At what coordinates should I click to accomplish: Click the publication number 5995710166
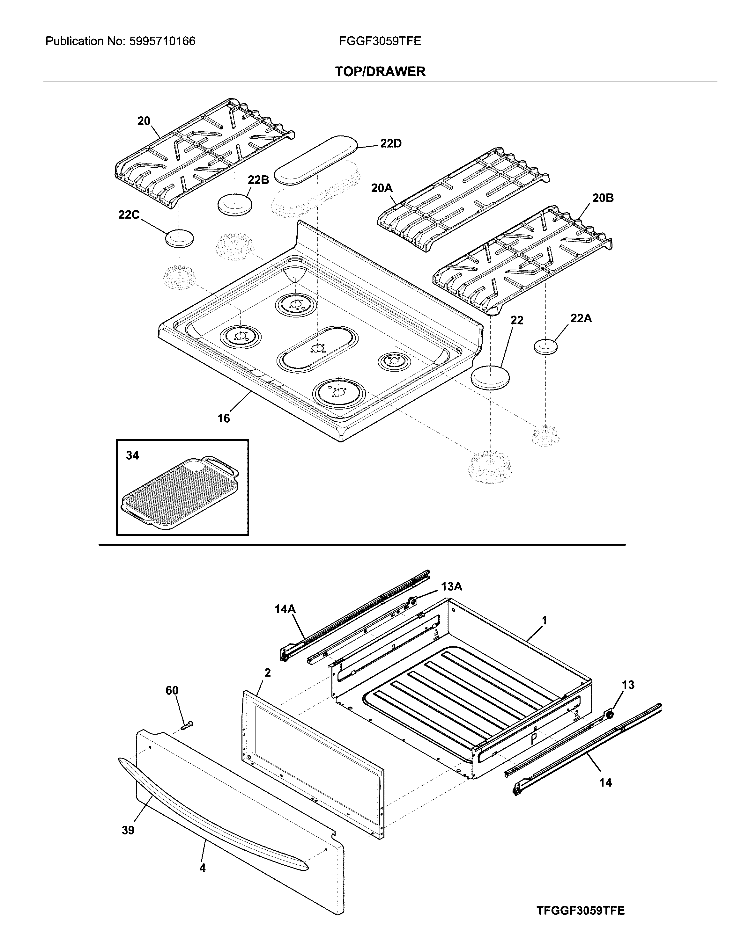pos(162,41)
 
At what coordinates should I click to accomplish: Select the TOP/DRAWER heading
pos(380,71)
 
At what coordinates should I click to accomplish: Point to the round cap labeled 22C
pos(180,238)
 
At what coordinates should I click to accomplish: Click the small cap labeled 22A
pos(545,346)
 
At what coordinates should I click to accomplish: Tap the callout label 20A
pos(381,188)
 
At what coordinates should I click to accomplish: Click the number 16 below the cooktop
pos(223,418)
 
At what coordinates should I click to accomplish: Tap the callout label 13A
pos(451,586)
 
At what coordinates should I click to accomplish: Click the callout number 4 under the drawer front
pos(202,868)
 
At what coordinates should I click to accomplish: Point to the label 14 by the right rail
pos(605,782)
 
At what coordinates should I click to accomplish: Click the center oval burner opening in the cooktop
pos(317,348)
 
